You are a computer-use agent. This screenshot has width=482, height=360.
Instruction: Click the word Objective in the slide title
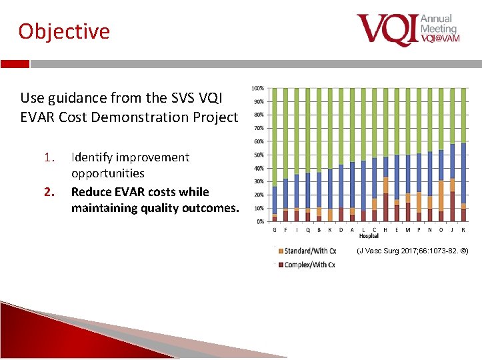pyautogui.click(x=64, y=31)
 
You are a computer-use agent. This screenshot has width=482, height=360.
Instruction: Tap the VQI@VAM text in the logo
pyautogui.click(x=440, y=39)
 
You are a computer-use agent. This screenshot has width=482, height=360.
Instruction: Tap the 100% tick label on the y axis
pyautogui.click(x=257, y=89)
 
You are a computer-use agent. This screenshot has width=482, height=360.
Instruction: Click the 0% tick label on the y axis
pyautogui.click(x=260, y=221)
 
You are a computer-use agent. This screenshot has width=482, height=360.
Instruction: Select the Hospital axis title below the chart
pyautogui.click(x=369, y=236)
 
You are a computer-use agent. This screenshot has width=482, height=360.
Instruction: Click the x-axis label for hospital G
pyautogui.click(x=275, y=230)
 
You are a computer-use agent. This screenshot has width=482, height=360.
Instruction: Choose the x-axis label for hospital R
pyautogui.click(x=463, y=230)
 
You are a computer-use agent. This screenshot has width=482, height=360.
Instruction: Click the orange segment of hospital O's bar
pyautogui.click(x=441, y=196)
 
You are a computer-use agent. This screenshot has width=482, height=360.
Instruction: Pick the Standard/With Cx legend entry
pyautogui.click(x=309, y=251)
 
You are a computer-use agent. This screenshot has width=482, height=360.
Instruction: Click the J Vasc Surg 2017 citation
pyautogui.click(x=412, y=251)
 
